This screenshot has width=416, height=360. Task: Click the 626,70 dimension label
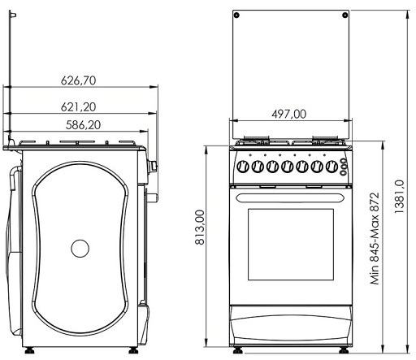(x=78, y=80)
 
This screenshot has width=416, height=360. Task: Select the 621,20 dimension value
(x=78, y=107)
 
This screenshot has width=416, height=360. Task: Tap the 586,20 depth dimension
(x=83, y=125)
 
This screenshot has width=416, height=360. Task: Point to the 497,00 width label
(x=289, y=114)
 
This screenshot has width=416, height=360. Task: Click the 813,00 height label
(x=200, y=228)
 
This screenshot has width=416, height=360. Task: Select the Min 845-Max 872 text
(x=375, y=238)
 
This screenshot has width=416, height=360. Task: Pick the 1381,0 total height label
(x=399, y=197)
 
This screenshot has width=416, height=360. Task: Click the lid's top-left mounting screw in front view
(x=236, y=15)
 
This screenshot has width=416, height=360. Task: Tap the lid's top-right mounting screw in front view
(x=345, y=15)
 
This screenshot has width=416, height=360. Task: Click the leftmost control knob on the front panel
(x=243, y=166)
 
